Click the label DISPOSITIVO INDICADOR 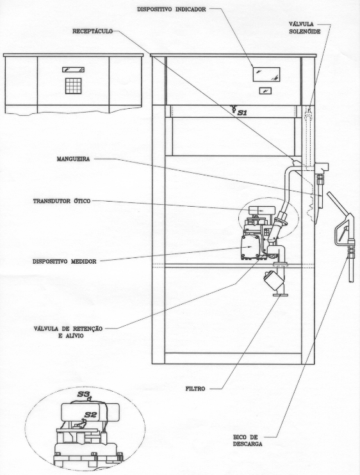pyautogui.click(x=172, y=10)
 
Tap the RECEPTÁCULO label pyautogui.click(x=92, y=31)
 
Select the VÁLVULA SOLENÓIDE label pyautogui.click(x=304, y=28)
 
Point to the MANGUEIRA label pyautogui.click(x=73, y=159)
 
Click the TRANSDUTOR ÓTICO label pyautogui.click(x=62, y=201)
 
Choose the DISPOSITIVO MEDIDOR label pyautogui.click(x=65, y=261)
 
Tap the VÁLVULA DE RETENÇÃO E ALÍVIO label pyautogui.click(x=68, y=332)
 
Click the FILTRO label pyautogui.click(x=195, y=389)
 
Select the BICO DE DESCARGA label pyautogui.click(x=247, y=441)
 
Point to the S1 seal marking pyautogui.click(x=242, y=113)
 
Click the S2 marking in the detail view pyautogui.click(x=90, y=415)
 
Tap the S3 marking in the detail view pyautogui.click(x=83, y=394)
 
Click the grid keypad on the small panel pyautogui.click(x=73, y=86)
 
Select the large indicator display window pyautogui.click(x=266, y=74)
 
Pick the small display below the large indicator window pyautogui.click(x=265, y=90)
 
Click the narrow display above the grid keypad pyautogui.click(x=73, y=70)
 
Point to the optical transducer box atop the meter pyautogui.click(x=262, y=211)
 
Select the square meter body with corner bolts pyautogui.click(x=250, y=247)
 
